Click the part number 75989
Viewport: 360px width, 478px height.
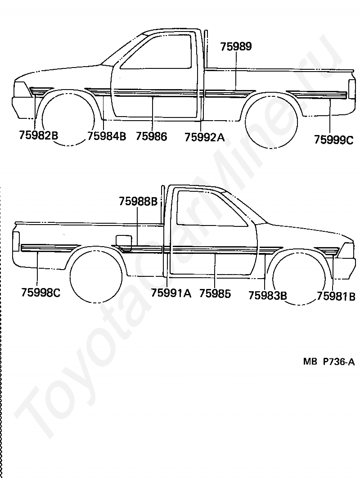pos(236,47)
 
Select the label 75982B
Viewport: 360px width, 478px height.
pos(39,136)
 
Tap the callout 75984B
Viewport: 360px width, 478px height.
pos(107,136)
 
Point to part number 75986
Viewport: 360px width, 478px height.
pos(151,136)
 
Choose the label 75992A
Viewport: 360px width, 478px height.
pos(204,137)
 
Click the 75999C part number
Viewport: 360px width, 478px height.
pos(333,140)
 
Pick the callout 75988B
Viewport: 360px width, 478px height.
pos(138,202)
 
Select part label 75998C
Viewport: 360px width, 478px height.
pos(40,293)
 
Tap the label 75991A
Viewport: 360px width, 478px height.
pos(171,293)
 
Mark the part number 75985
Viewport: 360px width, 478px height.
pos(215,293)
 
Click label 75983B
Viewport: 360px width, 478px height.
pos(268,295)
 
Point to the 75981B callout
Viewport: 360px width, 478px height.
pos(336,296)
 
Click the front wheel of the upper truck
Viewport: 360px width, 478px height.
pos(68,119)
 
